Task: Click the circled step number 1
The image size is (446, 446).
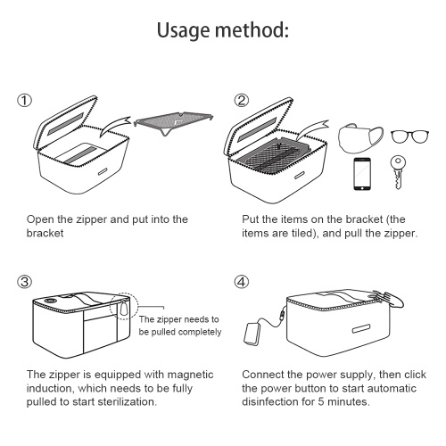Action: pyautogui.click(x=24, y=101)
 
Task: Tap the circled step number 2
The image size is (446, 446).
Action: pyautogui.click(x=241, y=101)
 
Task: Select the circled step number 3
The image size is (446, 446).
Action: pyautogui.click(x=24, y=282)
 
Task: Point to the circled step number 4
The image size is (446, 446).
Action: pyautogui.click(x=241, y=282)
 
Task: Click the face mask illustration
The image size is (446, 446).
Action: pyautogui.click(x=360, y=138)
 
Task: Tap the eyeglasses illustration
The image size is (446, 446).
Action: pyautogui.click(x=409, y=136)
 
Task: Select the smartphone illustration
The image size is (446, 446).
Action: pyautogui.click(x=362, y=174)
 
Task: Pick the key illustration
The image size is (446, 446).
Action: pyautogui.click(x=398, y=172)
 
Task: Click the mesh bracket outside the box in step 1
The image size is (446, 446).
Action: pyautogui.click(x=174, y=121)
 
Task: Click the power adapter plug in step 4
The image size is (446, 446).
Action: pyautogui.click(x=252, y=333)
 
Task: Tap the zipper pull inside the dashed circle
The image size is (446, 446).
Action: pyautogui.click(x=123, y=309)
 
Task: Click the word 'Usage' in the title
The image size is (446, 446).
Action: pyautogui.click(x=183, y=30)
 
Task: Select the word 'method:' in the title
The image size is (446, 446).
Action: pyautogui.click(x=252, y=29)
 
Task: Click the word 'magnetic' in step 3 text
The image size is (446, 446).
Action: pyautogui.click(x=190, y=375)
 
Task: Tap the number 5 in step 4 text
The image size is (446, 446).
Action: pyautogui.click(x=321, y=402)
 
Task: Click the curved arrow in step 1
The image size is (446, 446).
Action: pyautogui.click(x=115, y=126)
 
